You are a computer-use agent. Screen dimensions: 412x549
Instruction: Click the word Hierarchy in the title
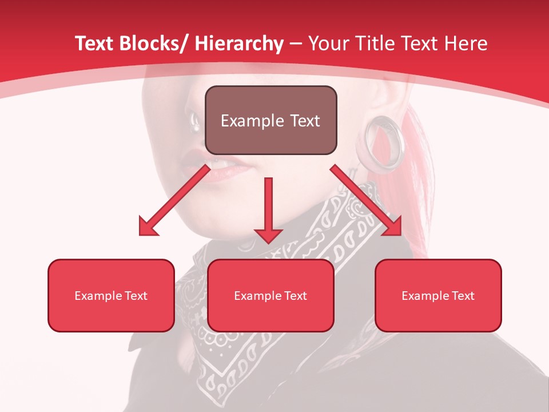coord(239,43)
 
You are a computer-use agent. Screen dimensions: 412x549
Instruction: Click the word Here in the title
coord(464,43)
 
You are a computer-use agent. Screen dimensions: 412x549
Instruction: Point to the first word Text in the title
coord(96,43)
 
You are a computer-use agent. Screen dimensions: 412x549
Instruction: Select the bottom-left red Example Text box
coord(111,295)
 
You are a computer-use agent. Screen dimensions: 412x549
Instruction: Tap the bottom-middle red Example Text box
coord(270,295)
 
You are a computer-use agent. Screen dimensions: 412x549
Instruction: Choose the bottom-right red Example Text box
coord(438,295)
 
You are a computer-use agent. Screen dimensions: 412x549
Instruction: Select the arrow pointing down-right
coord(366,200)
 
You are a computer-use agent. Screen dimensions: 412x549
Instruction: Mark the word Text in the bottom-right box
coord(463,296)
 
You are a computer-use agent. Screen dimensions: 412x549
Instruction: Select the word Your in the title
coord(328,43)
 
